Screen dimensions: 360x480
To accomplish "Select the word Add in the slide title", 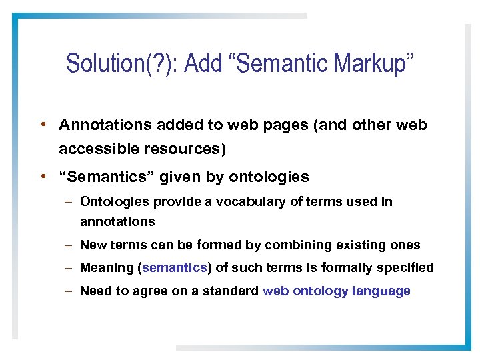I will tap(204, 63).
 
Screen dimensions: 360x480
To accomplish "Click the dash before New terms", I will tap(70, 245).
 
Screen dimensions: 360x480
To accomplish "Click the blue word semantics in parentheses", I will tap(175, 267).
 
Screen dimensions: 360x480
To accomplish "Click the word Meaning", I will tap(107, 267).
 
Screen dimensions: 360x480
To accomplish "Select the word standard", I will tap(233, 291).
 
